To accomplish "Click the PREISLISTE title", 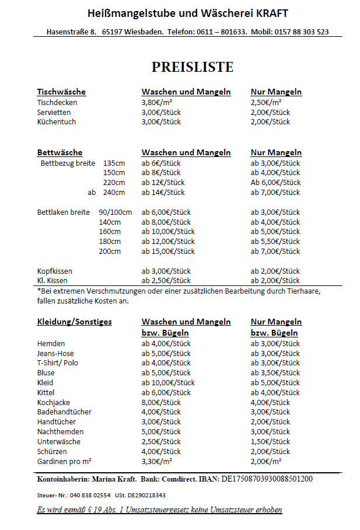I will pyautogui.click(x=193, y=67).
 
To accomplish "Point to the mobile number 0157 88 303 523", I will pyautogui.click(x=299, y=32).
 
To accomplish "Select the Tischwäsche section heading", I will pyautogui.click(x=61, y=92).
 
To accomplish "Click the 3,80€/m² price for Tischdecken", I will pyautogui.click(x=158, y=102).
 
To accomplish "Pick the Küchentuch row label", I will pyautogui.click(x=57, y=122).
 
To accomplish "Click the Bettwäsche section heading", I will pyautogui.click(x=60, y=153).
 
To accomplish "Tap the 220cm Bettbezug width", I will pyautogui.click(x=114, y=183).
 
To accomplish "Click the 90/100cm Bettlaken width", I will pyautogui.click(x=116, y=212).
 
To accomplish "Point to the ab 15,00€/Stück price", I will pyautogui.click(x=168, y=252).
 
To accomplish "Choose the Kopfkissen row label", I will pyautogui.click(x=55, y=271).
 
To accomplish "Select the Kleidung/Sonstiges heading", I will pyautogui.click(x=75, y=322).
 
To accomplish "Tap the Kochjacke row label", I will pyautogui.click(x=54, y=402).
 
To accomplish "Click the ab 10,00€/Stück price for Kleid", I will pyautogui.click(x=168, y=383).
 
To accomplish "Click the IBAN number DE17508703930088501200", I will pyautogui.click(x=266, y=479).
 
